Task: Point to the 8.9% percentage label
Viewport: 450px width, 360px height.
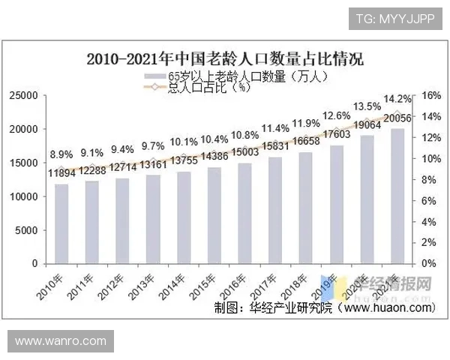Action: [61, 154]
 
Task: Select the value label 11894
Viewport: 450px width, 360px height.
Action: [61, 173]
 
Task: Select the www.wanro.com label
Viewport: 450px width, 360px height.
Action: [61, 341]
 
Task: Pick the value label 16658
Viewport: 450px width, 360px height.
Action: [306, 141]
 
